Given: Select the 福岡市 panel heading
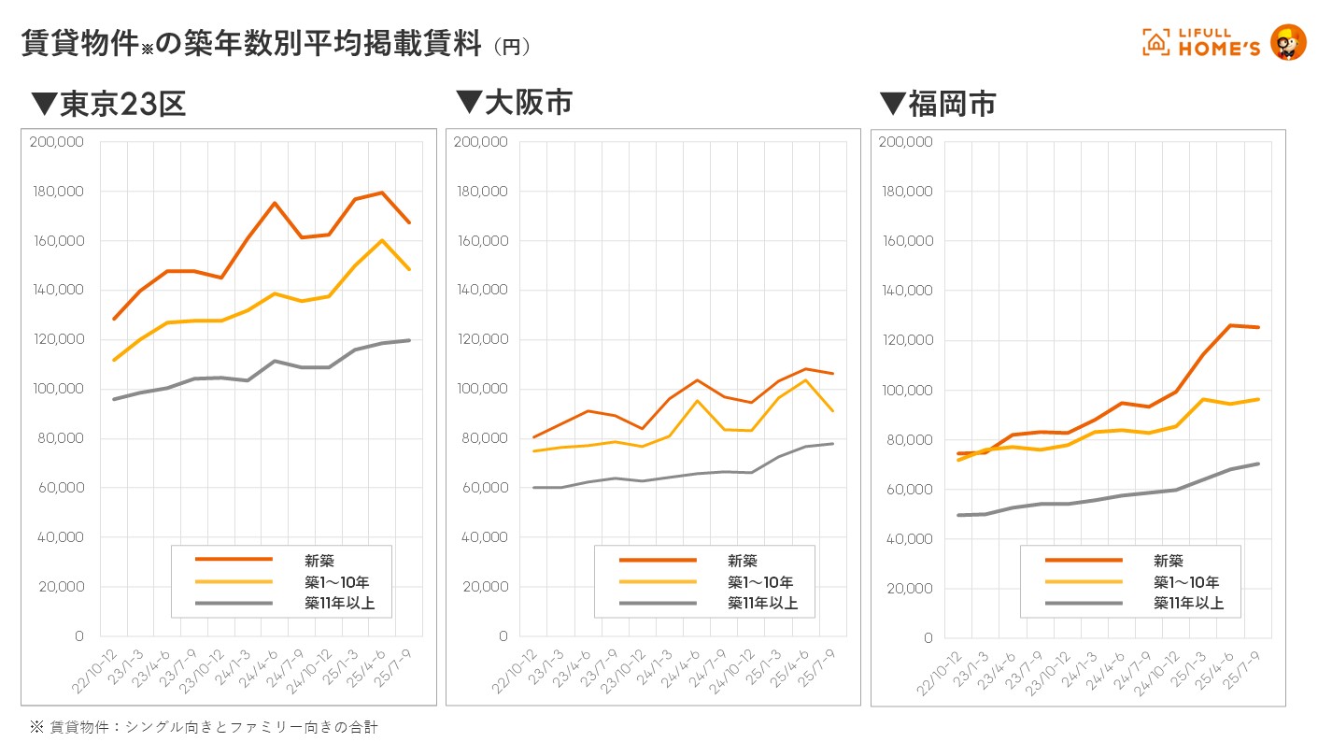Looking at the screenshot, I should click(x=938, y=103).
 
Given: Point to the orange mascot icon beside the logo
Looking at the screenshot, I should click(x=1289, y=42).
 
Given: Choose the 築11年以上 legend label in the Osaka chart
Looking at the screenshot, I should click(x=762, y=603).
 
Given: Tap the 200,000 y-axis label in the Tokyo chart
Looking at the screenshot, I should click(x=58, y=142).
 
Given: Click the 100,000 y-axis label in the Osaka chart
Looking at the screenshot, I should click(x=481, y=389).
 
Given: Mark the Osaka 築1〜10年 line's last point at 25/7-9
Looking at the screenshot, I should click(x=831, y=410).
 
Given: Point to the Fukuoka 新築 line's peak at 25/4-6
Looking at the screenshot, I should click(x=1231, y=325).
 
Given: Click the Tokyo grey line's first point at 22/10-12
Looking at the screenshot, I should click(x=114, y=399).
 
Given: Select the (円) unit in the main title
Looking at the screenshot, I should click(x=512, y=46).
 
